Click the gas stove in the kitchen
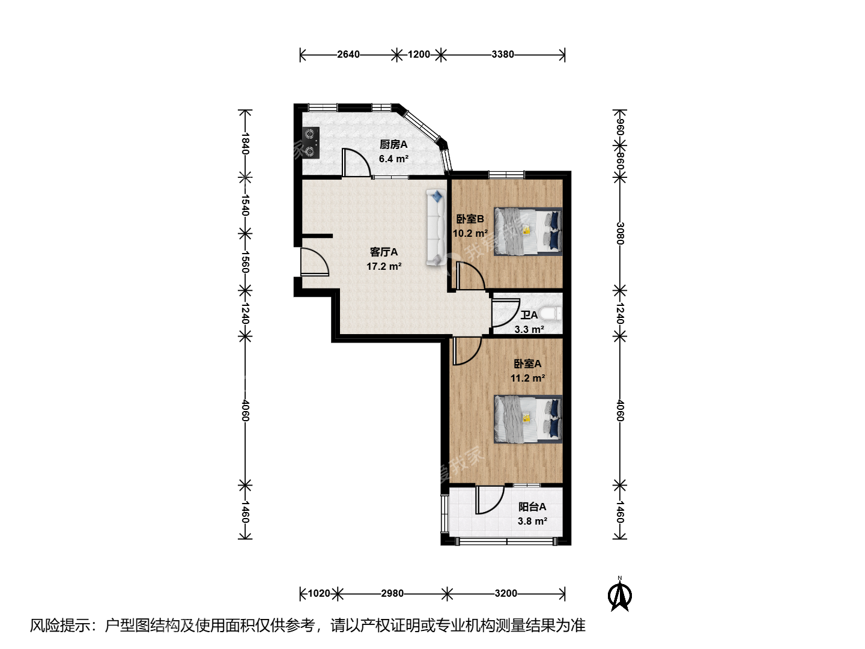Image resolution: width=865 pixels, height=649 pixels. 311,142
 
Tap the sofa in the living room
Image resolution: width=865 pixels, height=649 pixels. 436,227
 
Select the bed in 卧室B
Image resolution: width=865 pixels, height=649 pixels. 528,231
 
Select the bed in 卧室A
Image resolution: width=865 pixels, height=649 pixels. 528,419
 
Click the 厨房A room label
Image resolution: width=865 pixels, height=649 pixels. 393,145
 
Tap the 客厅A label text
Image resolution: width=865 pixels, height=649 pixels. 383,252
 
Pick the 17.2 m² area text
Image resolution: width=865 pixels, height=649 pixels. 384,266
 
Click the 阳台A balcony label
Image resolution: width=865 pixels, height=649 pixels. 532,507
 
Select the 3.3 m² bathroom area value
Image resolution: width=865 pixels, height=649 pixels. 529,329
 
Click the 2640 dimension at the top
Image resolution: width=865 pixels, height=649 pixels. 348,54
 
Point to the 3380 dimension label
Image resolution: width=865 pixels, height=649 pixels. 502,54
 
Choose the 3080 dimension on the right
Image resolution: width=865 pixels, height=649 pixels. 620,233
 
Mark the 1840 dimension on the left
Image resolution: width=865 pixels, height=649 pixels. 245,144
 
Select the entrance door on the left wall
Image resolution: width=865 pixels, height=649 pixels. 315,261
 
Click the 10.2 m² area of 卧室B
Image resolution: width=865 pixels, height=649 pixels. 470,233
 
